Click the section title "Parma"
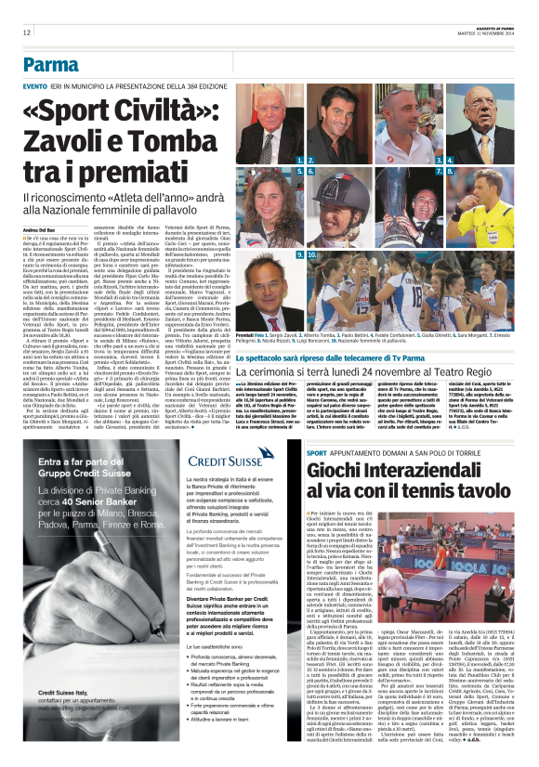coord(52,64)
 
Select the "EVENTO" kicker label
coord(36,85)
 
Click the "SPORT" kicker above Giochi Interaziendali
coord(317,451)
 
